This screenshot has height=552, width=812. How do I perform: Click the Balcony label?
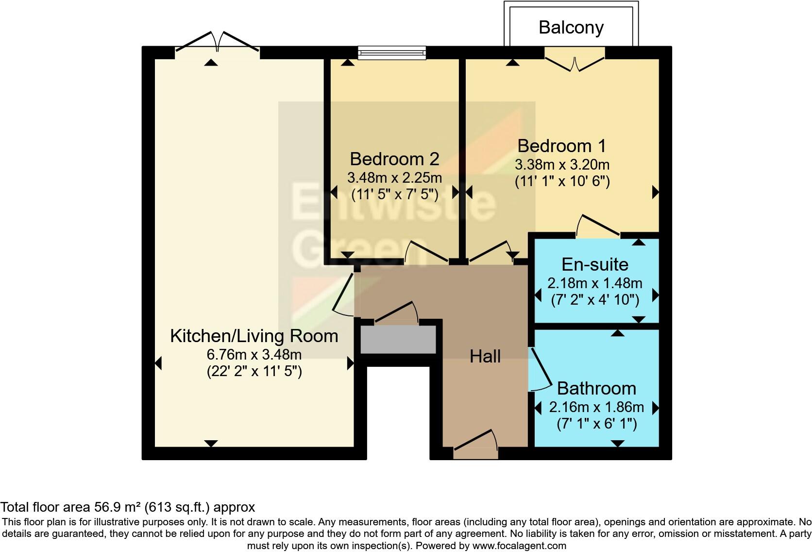[x=571, y=28]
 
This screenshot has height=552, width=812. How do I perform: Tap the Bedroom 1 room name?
[x=562, y=146]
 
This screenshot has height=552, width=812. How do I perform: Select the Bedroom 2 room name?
[x=394, y=159]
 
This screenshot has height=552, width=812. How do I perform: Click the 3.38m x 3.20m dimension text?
[x=562, y=164]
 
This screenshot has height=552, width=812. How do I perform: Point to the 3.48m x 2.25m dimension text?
[x=394, y=177]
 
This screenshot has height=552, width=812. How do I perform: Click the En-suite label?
[x=594, y=264]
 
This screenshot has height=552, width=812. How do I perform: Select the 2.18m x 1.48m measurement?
[x=594, y=283]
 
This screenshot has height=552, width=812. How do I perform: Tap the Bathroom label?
[x=596, y=388]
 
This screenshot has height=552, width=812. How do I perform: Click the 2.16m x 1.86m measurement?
[x=596, y=407]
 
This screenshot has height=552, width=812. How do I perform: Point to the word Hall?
[x=485, y=357]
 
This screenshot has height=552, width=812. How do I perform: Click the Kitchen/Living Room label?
[x=254, y=336]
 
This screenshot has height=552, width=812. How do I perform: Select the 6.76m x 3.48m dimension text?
[x=254, y=354]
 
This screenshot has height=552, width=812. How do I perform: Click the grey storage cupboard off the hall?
[x=398, y=339]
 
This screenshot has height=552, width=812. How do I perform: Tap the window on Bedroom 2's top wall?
[x=392, y=52]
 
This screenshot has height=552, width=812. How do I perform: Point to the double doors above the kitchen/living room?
[x=217, y=43]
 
